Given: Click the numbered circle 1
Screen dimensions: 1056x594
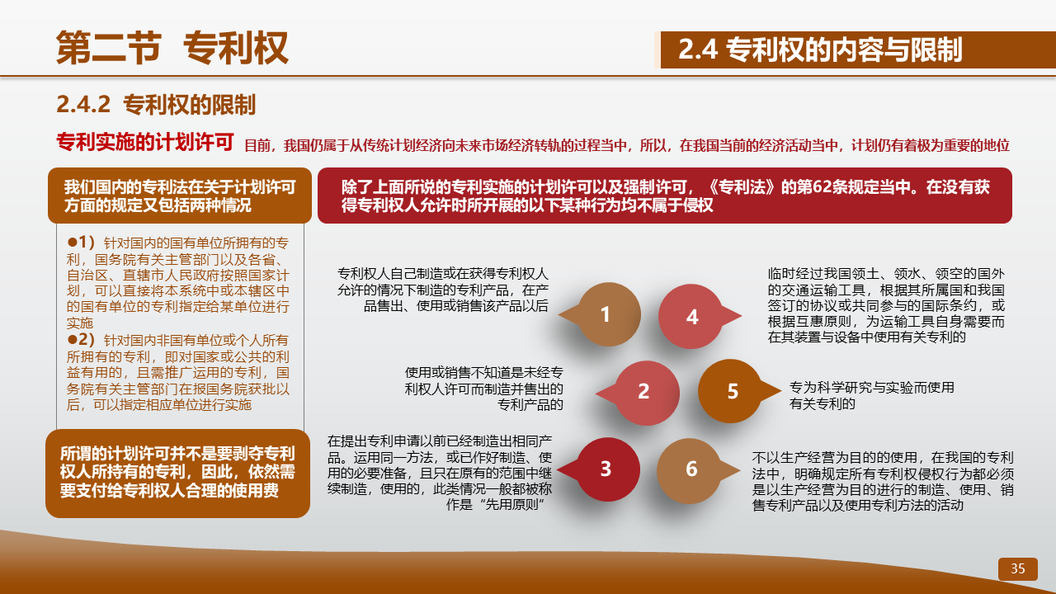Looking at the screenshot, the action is tap(608, 314).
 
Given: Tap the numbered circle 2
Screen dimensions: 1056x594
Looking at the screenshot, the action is tap(646, 392).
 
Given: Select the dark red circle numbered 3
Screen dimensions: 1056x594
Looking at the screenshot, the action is tap(607, 469).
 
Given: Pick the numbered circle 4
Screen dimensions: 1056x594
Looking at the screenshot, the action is tap(691, 316).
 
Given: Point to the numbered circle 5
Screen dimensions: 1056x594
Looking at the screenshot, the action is tap(730, 391).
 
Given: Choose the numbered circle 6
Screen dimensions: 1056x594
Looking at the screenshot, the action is tap(689, 470).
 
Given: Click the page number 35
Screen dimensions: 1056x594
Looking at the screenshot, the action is tap(1018, 568).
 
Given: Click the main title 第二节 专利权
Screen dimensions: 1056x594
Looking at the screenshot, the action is tap(172, 48).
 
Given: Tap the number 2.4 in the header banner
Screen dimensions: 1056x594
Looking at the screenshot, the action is tap(698, 49).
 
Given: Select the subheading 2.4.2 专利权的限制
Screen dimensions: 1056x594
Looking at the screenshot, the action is tap(156, 104).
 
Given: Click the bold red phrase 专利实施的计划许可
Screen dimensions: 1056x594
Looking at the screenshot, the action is tap(145, 141).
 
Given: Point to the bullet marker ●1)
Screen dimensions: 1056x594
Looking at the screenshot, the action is tap(81, 243).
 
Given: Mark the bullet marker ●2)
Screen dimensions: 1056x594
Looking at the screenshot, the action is tap(81, 339).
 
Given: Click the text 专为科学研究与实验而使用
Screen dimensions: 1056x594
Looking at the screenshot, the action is tap(872, 388).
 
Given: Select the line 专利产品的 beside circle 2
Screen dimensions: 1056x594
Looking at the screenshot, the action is tap(530, 404).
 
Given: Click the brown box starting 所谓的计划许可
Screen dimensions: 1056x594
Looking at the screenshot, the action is tap(177, 474).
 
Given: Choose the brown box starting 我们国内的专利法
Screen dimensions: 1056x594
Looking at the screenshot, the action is tap(180, 196).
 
